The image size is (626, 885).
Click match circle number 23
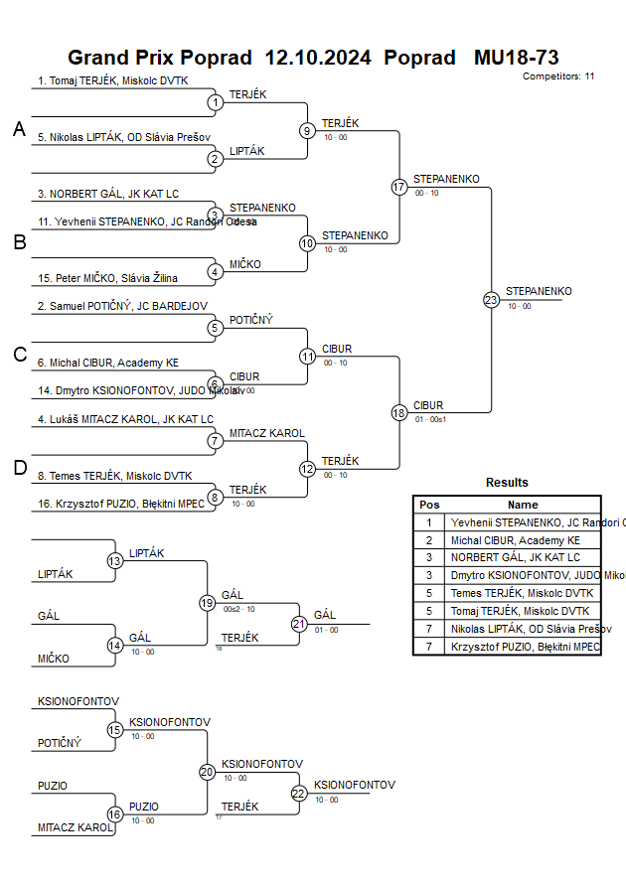point(491,300)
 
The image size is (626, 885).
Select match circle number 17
point(399,187)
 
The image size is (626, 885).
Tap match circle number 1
point(215,101)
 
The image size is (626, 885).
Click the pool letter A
point(19,129)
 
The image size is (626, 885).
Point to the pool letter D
point(19,469)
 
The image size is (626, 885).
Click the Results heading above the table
point(507,483)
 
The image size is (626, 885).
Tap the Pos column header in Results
point(429,505)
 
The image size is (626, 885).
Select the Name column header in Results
point(523,505)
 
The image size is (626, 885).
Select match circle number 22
point(299,793)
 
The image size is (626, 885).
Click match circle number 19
point(207,603)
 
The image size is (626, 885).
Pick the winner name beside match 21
point(325,615)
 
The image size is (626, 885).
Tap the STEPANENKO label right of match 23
point(539,291)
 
